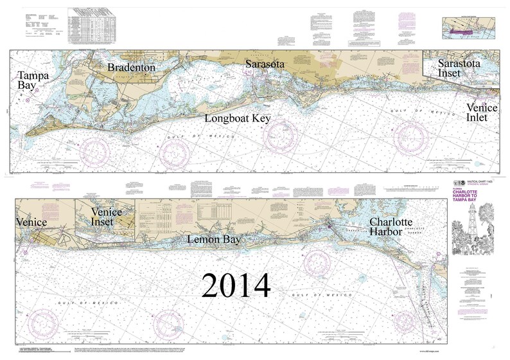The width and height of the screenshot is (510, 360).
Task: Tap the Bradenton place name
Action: click(131, 67)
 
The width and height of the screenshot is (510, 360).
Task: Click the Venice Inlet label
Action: click(481, 113)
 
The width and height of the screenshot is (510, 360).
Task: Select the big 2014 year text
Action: click(236, 285)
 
